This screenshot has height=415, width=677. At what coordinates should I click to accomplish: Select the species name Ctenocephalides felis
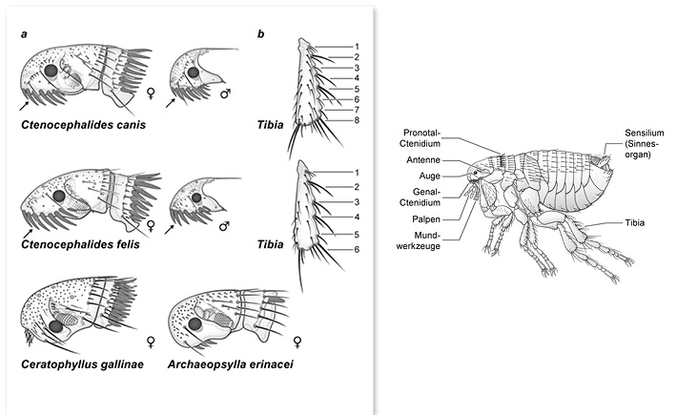pos(79,245)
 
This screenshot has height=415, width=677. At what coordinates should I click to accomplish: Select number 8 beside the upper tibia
pos(356,120)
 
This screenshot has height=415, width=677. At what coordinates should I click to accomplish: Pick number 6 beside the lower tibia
pos(356,250)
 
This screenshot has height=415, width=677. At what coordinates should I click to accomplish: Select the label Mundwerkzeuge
pos(432,239)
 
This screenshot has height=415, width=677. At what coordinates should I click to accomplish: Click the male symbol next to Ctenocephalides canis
pos(224,94)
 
